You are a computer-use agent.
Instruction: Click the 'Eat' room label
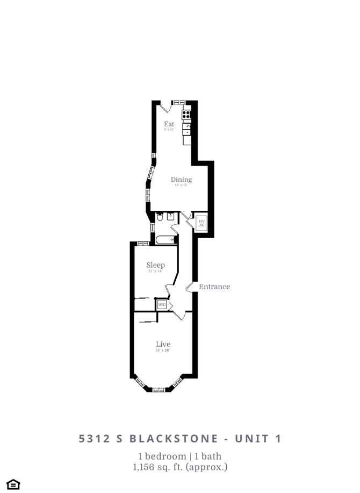[x=169, y=124]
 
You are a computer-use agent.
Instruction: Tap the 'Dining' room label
[x=181, y=180]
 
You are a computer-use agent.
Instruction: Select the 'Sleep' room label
[x=155, y=265]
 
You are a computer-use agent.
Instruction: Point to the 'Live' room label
[x=163, y=344]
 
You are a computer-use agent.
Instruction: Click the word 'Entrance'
[x=214, y=287]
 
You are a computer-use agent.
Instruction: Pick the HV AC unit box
[x=202, y=223]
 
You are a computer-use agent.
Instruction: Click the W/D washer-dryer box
[x=162, y=305]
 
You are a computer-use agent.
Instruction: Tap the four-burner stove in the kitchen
[x=187, y=114]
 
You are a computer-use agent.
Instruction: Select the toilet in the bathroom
[x=160, y=218]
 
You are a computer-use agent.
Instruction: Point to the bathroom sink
[x=170, y=217]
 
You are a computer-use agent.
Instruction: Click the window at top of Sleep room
[x=143, y=244]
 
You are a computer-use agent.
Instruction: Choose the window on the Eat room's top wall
[x=178, y=102]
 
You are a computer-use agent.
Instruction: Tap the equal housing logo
[x=13, y=484]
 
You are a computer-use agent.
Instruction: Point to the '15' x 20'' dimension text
[x=163, y=351]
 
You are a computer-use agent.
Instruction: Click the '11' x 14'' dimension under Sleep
[x=155, y=271]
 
